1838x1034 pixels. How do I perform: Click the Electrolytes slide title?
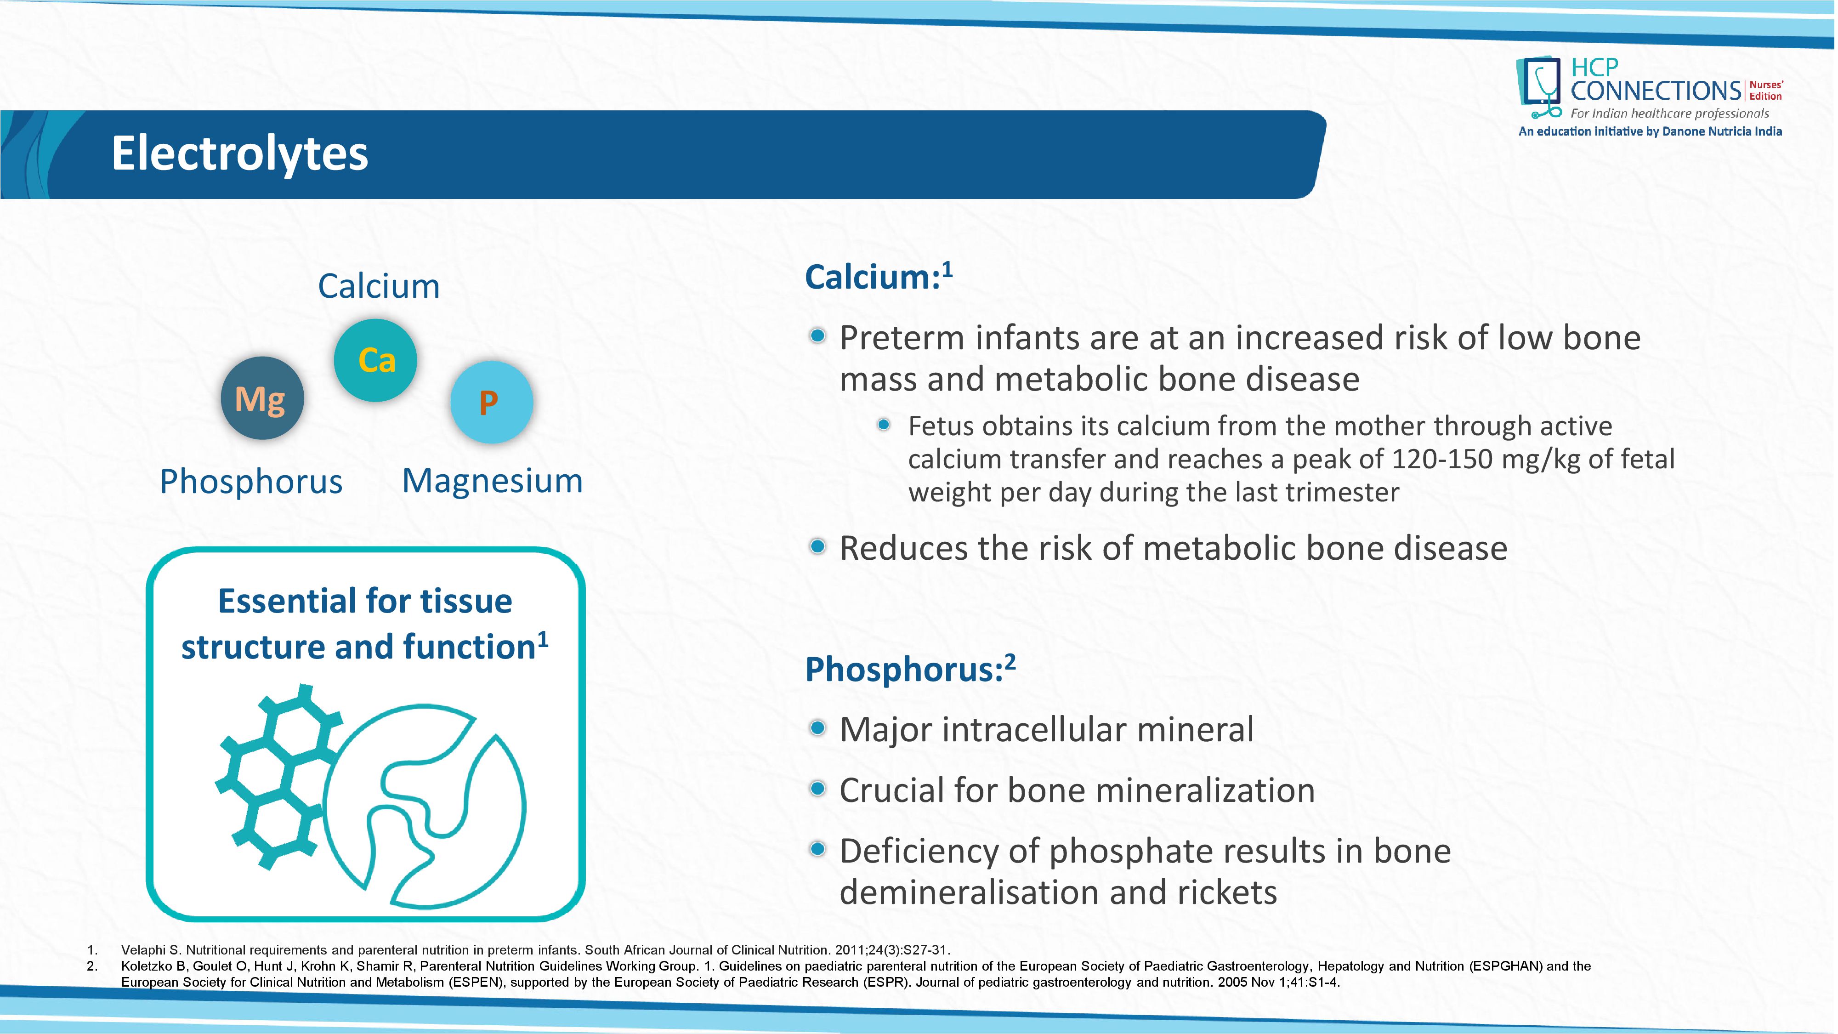240,154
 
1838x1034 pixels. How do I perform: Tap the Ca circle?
375,360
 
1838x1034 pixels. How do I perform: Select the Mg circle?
262,398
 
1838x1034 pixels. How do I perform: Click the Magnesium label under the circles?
492,481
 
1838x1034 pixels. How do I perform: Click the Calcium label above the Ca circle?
379,286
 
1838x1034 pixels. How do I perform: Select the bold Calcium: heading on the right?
878,277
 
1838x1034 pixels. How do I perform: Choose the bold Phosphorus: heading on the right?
910,670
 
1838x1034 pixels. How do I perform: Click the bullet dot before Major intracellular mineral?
818,728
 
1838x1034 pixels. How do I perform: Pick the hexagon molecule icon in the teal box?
278,776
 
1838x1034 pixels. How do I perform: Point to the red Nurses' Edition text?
1766,91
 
